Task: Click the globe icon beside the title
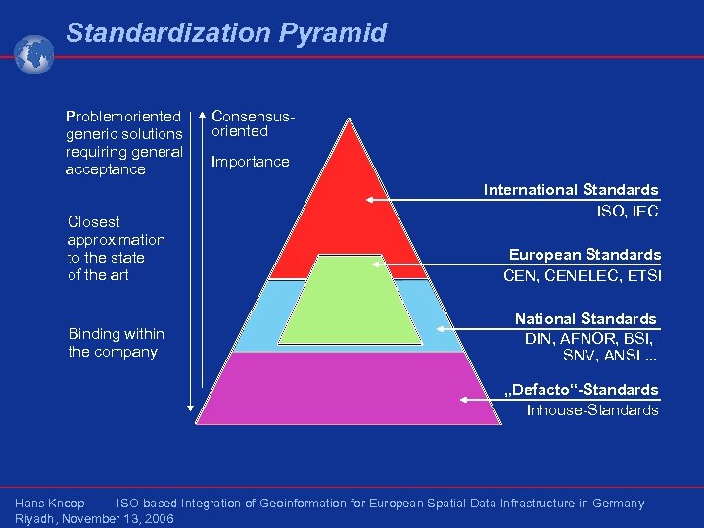[34, 54]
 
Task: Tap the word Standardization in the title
[167, 33]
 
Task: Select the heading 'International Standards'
[571, 190]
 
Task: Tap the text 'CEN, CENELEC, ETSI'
[582, 275]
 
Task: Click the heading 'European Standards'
[585, 255]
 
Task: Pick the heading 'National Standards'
[586, 319]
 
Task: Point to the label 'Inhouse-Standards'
[592, 410]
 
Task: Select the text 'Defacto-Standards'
[581, 390]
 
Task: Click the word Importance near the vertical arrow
[251, 162]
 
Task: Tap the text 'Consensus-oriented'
[254, 123]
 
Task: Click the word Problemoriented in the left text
[123, 116]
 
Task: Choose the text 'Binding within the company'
[116, 343]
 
